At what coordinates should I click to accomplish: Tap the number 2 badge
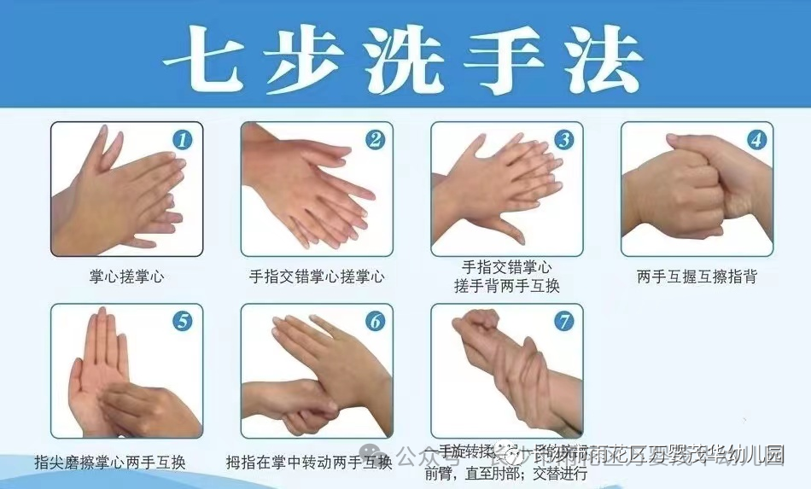click(374, 139)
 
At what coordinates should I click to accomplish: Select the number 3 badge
click(563, 139)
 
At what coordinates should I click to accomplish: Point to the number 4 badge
click(756, 139)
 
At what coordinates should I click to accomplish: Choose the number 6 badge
click(374, 321)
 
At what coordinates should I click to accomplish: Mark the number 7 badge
click(563, 321)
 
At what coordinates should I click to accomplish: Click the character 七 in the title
click(207, 60)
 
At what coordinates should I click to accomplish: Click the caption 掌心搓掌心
click(126, 277)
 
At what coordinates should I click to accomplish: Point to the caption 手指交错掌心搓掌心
click(317, 277)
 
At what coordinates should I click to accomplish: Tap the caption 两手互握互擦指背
click(697, 277)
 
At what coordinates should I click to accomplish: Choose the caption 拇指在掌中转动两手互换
click(309, 463)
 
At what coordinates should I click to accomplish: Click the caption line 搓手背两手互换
click(507, 286)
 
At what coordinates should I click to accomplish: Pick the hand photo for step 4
click(697, 189)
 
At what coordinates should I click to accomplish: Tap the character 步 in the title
click(308, 60)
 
